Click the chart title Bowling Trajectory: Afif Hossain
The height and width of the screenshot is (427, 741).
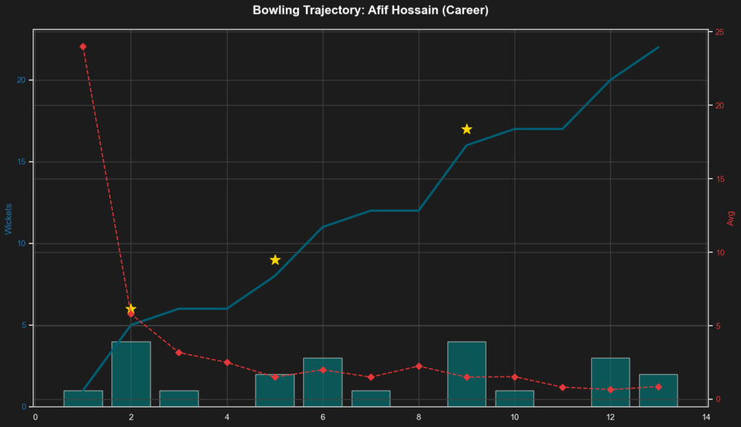coord(370,11)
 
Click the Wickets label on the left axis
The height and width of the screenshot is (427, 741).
coord(9,219)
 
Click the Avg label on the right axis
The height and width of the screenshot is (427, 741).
coord(731,218)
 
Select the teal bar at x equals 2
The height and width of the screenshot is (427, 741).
coord(131,374)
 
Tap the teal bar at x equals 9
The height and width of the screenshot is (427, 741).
coord(467,374)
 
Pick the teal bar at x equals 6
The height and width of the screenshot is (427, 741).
coord(323,382)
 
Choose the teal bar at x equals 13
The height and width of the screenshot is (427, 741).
coord(659,390)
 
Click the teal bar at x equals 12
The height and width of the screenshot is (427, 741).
coord(611,382)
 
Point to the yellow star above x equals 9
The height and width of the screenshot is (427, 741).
coord(467,129)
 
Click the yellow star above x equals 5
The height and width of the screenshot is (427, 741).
coord(275,260)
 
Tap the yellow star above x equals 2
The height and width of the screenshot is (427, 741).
coord(131,308)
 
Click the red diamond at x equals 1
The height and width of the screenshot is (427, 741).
coord(83,46)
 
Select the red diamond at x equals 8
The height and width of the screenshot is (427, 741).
coord(419,366)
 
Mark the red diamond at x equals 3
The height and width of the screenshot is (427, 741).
coord(179,352)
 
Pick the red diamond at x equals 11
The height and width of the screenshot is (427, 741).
coord(562,387)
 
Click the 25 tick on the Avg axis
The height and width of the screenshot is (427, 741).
coord(719,32)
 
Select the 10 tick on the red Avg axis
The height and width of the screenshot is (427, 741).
coord(719,253)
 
